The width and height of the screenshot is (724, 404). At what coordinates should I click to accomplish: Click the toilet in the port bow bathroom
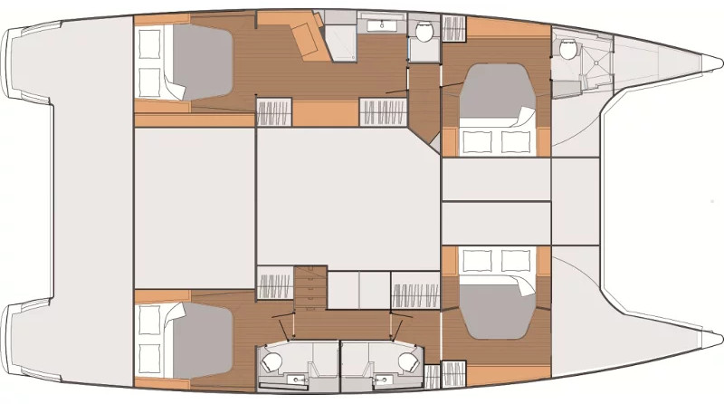pyautogui.click(x=568, y=51)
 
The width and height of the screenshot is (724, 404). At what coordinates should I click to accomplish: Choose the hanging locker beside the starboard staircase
pyautogui.click(x=273, y=285)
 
